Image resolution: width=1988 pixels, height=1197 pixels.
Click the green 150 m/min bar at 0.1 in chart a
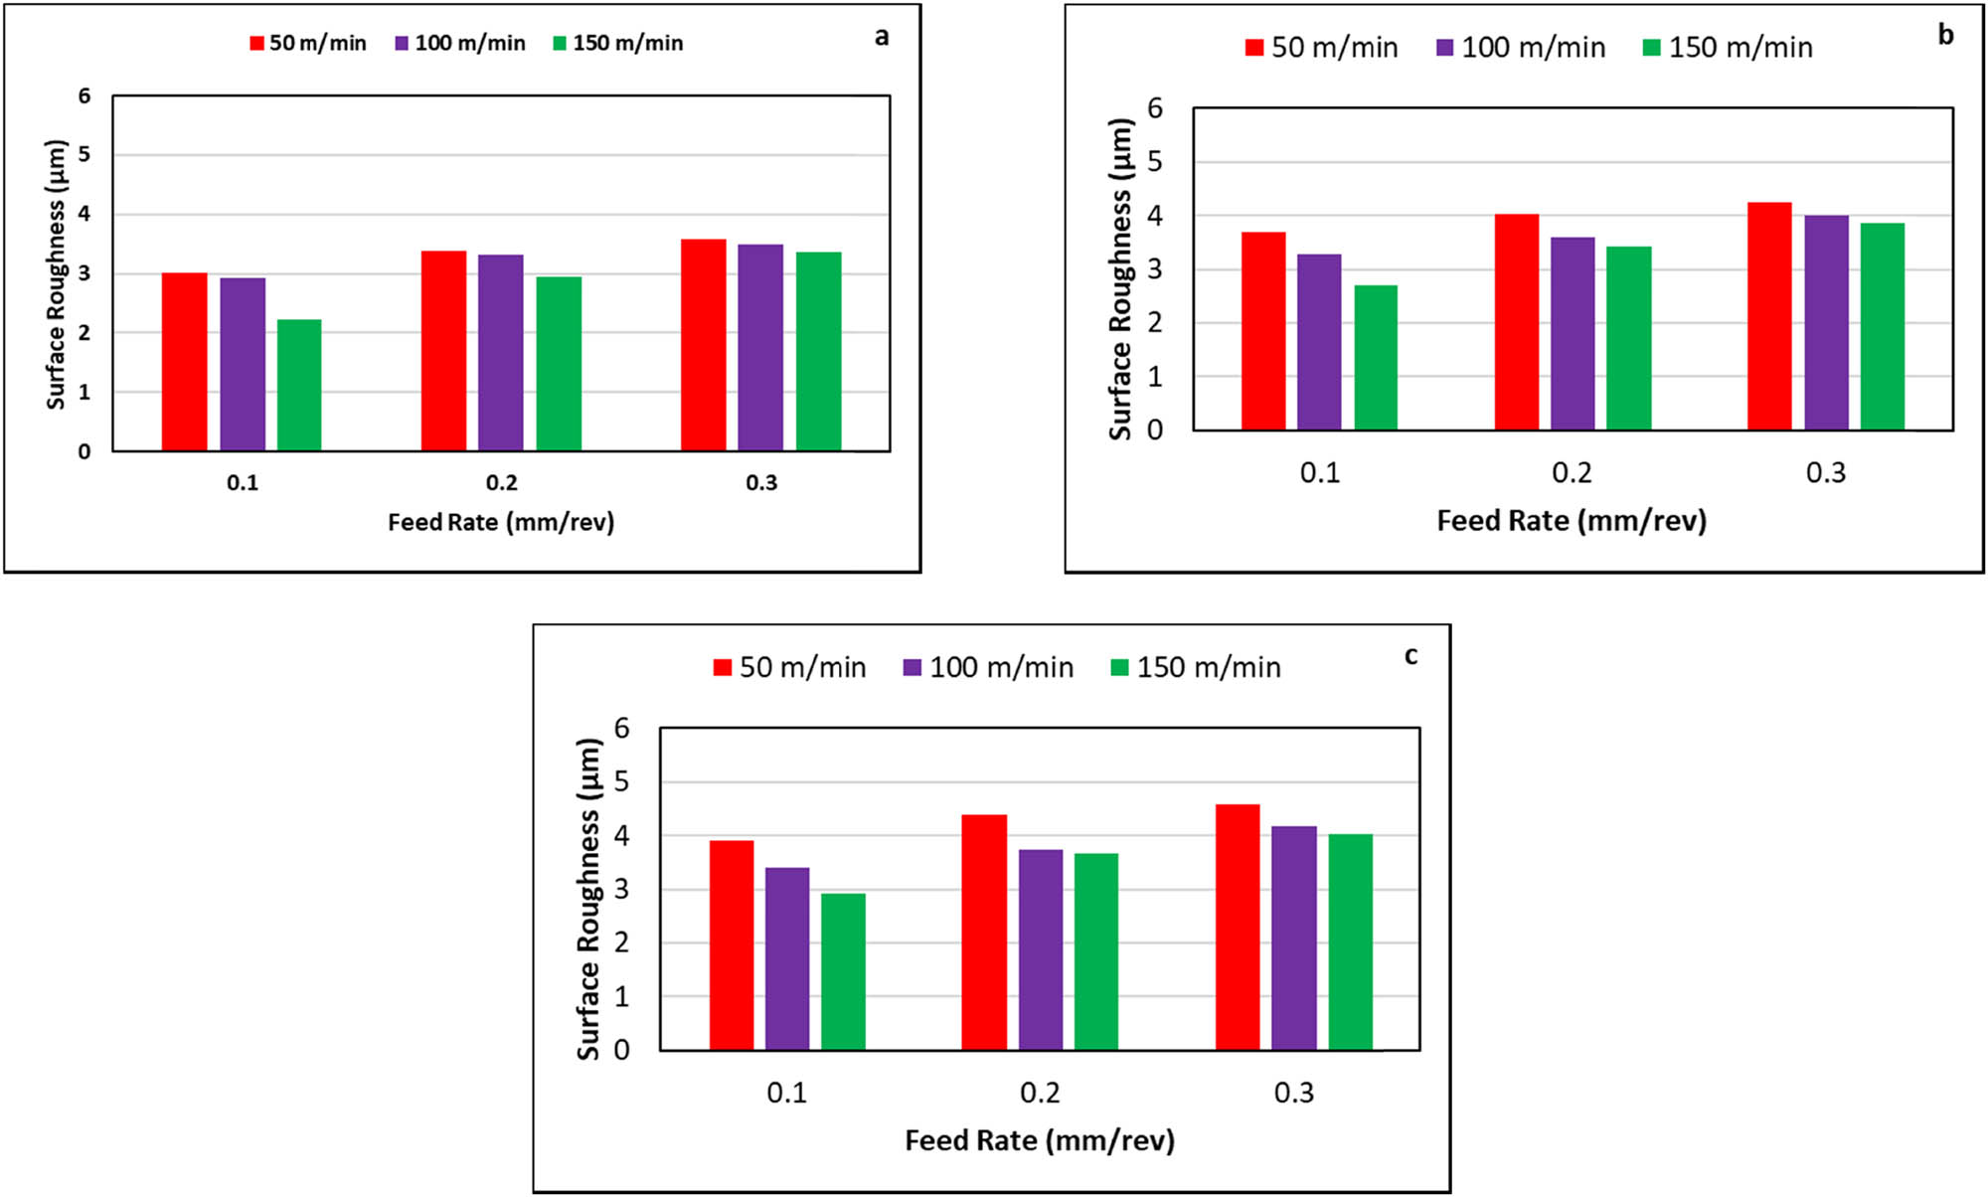click(299, 386)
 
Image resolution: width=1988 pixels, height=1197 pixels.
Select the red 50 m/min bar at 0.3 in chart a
click(703, 345)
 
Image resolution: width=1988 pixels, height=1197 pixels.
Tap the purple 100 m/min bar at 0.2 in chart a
click(501, 353)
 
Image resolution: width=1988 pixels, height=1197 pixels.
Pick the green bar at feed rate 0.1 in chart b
click(1376, 358)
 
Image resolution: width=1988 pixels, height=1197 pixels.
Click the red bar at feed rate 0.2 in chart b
click(1517, 322)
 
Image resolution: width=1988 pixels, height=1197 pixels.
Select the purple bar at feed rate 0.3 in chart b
click(1827, 323)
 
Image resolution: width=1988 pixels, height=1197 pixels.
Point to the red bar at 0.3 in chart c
click(1238, 927)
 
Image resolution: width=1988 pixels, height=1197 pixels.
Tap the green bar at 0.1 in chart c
click(843, 971)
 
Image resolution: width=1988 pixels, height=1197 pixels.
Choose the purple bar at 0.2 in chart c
click(1041, 949)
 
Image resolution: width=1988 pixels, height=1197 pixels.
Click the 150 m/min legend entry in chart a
click(618, 44)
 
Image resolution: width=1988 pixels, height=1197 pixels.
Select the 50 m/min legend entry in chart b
click(1322, 48)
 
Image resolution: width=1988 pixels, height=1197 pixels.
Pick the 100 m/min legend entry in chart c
click(989, 667)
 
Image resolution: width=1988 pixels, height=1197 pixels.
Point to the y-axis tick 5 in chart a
click(84, 154)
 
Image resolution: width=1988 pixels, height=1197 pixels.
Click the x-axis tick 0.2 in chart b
click(1572, 473)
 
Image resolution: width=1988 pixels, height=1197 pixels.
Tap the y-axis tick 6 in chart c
click(622, 729)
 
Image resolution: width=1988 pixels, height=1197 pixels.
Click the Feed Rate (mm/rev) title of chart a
click(501, 522)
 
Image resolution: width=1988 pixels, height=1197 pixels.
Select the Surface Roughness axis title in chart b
click(1121, 278)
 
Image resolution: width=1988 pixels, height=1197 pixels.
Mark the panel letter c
click(1410, 656)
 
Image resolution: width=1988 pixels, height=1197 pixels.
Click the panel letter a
click(881, 38)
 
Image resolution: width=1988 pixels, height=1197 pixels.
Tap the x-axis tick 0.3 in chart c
click(1293, 1094)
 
